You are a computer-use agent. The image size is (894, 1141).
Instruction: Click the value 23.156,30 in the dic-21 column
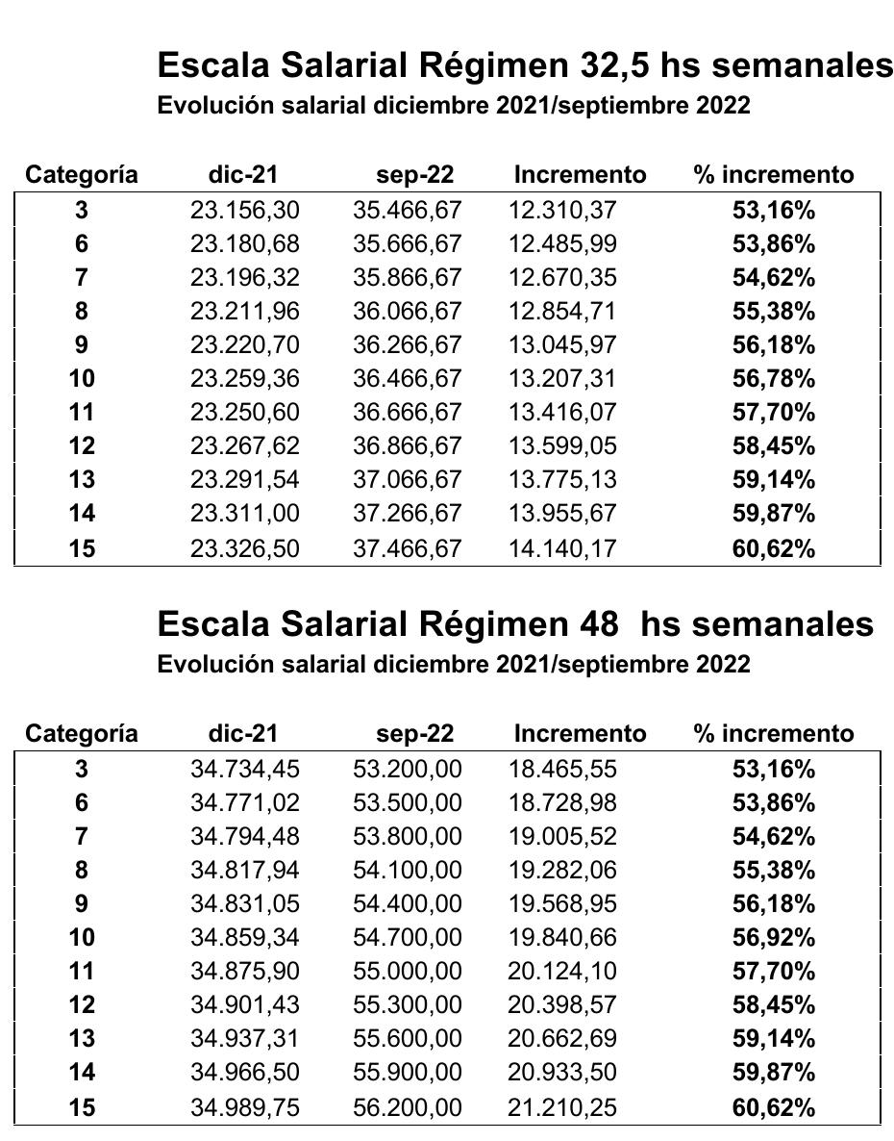coord(244,210)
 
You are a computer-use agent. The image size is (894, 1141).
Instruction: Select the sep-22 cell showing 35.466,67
coord(407,210)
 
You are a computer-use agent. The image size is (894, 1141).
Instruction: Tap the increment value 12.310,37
coord(562,210)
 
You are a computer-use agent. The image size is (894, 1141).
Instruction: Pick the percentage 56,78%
coord(773,379)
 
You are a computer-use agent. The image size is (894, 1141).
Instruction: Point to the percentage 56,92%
coord(773,937)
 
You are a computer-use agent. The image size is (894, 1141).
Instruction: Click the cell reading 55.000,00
coord(407,971)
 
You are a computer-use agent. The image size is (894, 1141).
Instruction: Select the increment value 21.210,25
coord(562,1107)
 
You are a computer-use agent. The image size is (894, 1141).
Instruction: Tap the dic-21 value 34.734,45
coord(244,769)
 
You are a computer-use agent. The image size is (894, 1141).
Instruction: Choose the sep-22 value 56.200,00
coord(407,1107)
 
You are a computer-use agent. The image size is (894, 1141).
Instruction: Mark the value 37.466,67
coord(407,548)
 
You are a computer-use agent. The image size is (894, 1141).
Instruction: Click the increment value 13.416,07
coord(562,413)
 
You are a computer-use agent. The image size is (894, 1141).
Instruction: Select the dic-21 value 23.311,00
coord(244,514)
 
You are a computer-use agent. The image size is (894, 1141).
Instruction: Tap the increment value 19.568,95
coord(562,903)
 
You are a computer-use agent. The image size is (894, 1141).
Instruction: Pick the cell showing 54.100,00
coord(407,870)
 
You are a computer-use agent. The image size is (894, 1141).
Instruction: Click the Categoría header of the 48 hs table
coord(82,733)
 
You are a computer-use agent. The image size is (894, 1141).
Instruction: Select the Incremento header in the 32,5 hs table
coord(580,174)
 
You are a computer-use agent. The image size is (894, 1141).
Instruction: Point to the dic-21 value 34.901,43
coord(244,1004)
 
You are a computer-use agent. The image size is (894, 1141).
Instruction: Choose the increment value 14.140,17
coord(562,548)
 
